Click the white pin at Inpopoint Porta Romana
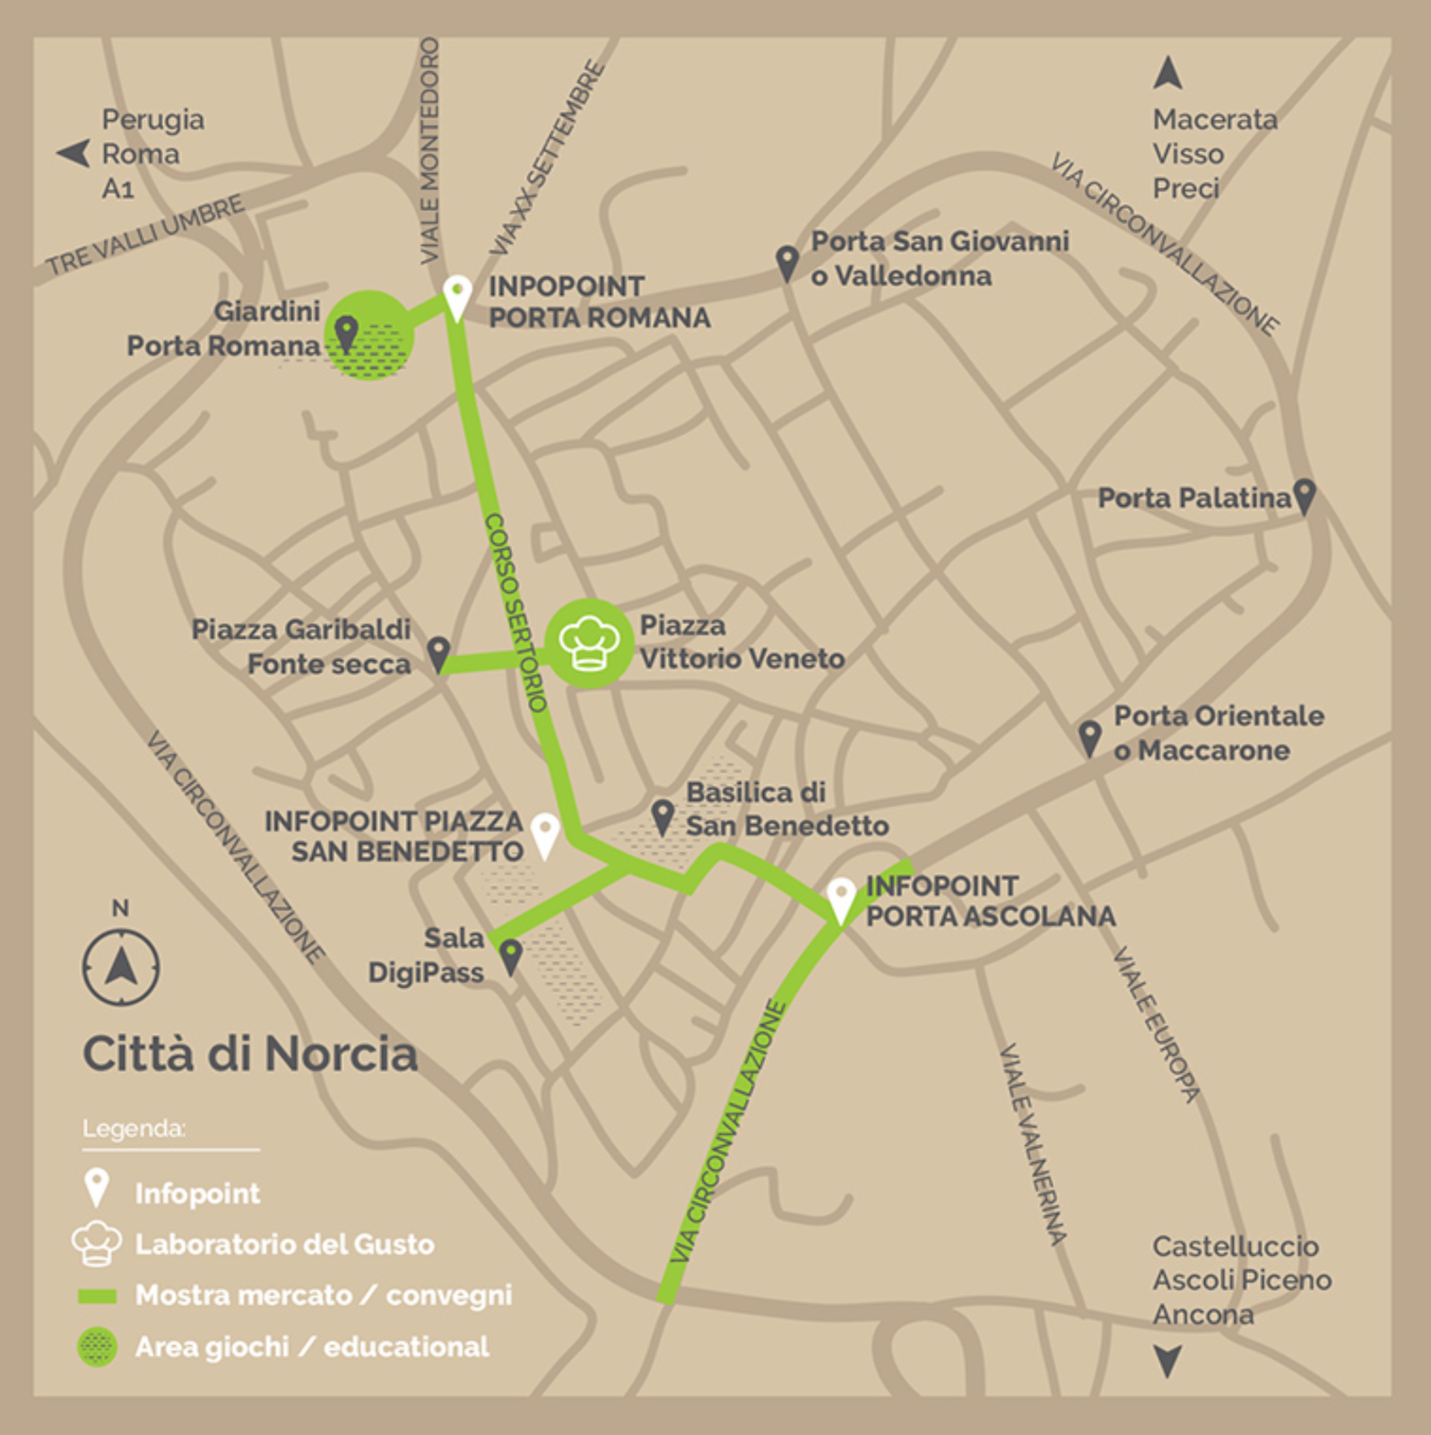tap(457, 296)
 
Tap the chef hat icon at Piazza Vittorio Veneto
tap(589, 642)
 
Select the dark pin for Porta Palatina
tap(1305, 495)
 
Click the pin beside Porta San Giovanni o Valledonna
tap(786, 263)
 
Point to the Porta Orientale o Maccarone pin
tap(1089, 738)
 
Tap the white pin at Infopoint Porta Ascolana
tap(841, 899)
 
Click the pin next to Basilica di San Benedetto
tap(663, 817)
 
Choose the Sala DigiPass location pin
tap(510, 956)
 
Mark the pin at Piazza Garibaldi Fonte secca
tap(438, 654)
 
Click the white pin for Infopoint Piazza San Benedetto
tap(545, 834)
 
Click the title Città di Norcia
tap(250, 1053)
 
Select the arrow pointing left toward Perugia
tap(74, 153)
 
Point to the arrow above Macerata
tap(1167, 73)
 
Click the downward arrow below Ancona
tap(1167, 1361)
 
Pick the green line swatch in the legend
tap(98, 1295)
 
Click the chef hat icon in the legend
tap(97, 1242)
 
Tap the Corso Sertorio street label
tap(516, 613)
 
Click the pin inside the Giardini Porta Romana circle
tap(346, 334)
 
